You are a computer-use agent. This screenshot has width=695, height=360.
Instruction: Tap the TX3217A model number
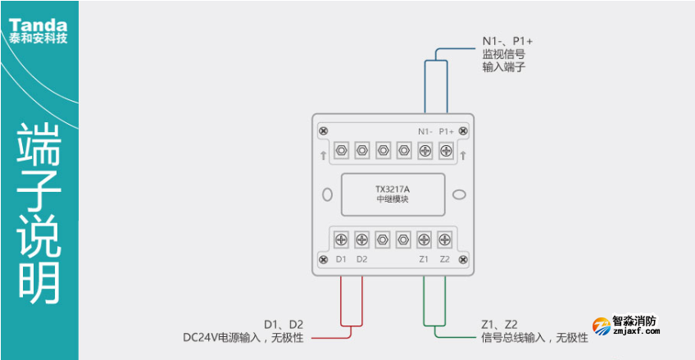tap(393, 189)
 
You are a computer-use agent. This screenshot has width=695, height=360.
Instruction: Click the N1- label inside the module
tap(425, 131)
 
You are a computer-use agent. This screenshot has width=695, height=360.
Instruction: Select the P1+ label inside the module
tap(447, 131)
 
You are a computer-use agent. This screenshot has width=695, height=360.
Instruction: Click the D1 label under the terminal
tap(342, 259)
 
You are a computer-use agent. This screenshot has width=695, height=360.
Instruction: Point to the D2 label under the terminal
tap(362, 259)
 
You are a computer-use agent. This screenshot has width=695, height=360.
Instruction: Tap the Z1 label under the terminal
tap(424, 259)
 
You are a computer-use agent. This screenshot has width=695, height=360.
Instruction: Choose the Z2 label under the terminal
tap(444, 259)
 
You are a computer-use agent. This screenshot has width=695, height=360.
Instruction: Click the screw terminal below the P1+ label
tap(447, 151)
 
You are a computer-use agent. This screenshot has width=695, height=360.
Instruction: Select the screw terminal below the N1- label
tap(425, 151)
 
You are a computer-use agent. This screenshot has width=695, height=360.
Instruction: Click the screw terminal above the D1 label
tap(342, 239)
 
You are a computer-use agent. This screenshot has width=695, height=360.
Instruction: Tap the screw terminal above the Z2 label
tap(444, 239)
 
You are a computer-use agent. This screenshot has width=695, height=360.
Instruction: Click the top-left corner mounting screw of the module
tap(323, 131)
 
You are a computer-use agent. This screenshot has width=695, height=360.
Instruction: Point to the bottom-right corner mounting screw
tap(464, 259)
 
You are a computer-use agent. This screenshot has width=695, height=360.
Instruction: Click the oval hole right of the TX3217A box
tap(460, 195)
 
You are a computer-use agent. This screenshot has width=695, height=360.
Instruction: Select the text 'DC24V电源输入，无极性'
tap(243, 337)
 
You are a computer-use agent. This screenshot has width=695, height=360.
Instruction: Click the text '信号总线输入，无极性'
tap(535, 337)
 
